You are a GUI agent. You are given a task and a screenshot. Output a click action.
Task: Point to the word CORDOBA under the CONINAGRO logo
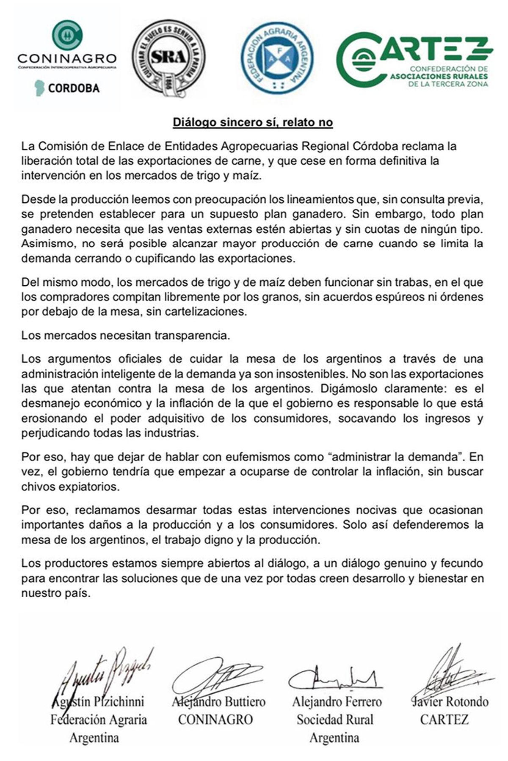point(74,88)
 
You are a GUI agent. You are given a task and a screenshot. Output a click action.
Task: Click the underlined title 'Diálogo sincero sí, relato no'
point(253,123)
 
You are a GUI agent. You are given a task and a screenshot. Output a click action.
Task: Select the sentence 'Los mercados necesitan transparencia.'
point(125,336)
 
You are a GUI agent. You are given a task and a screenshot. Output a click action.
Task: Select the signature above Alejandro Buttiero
point(216,676)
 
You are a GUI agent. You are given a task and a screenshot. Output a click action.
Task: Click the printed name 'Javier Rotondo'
point(450,701)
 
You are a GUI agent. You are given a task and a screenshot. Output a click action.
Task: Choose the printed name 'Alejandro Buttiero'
point(218,701)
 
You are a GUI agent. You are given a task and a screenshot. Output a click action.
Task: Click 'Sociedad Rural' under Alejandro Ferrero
point(335,719)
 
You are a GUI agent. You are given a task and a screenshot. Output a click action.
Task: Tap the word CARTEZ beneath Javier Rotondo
point(444,719)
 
